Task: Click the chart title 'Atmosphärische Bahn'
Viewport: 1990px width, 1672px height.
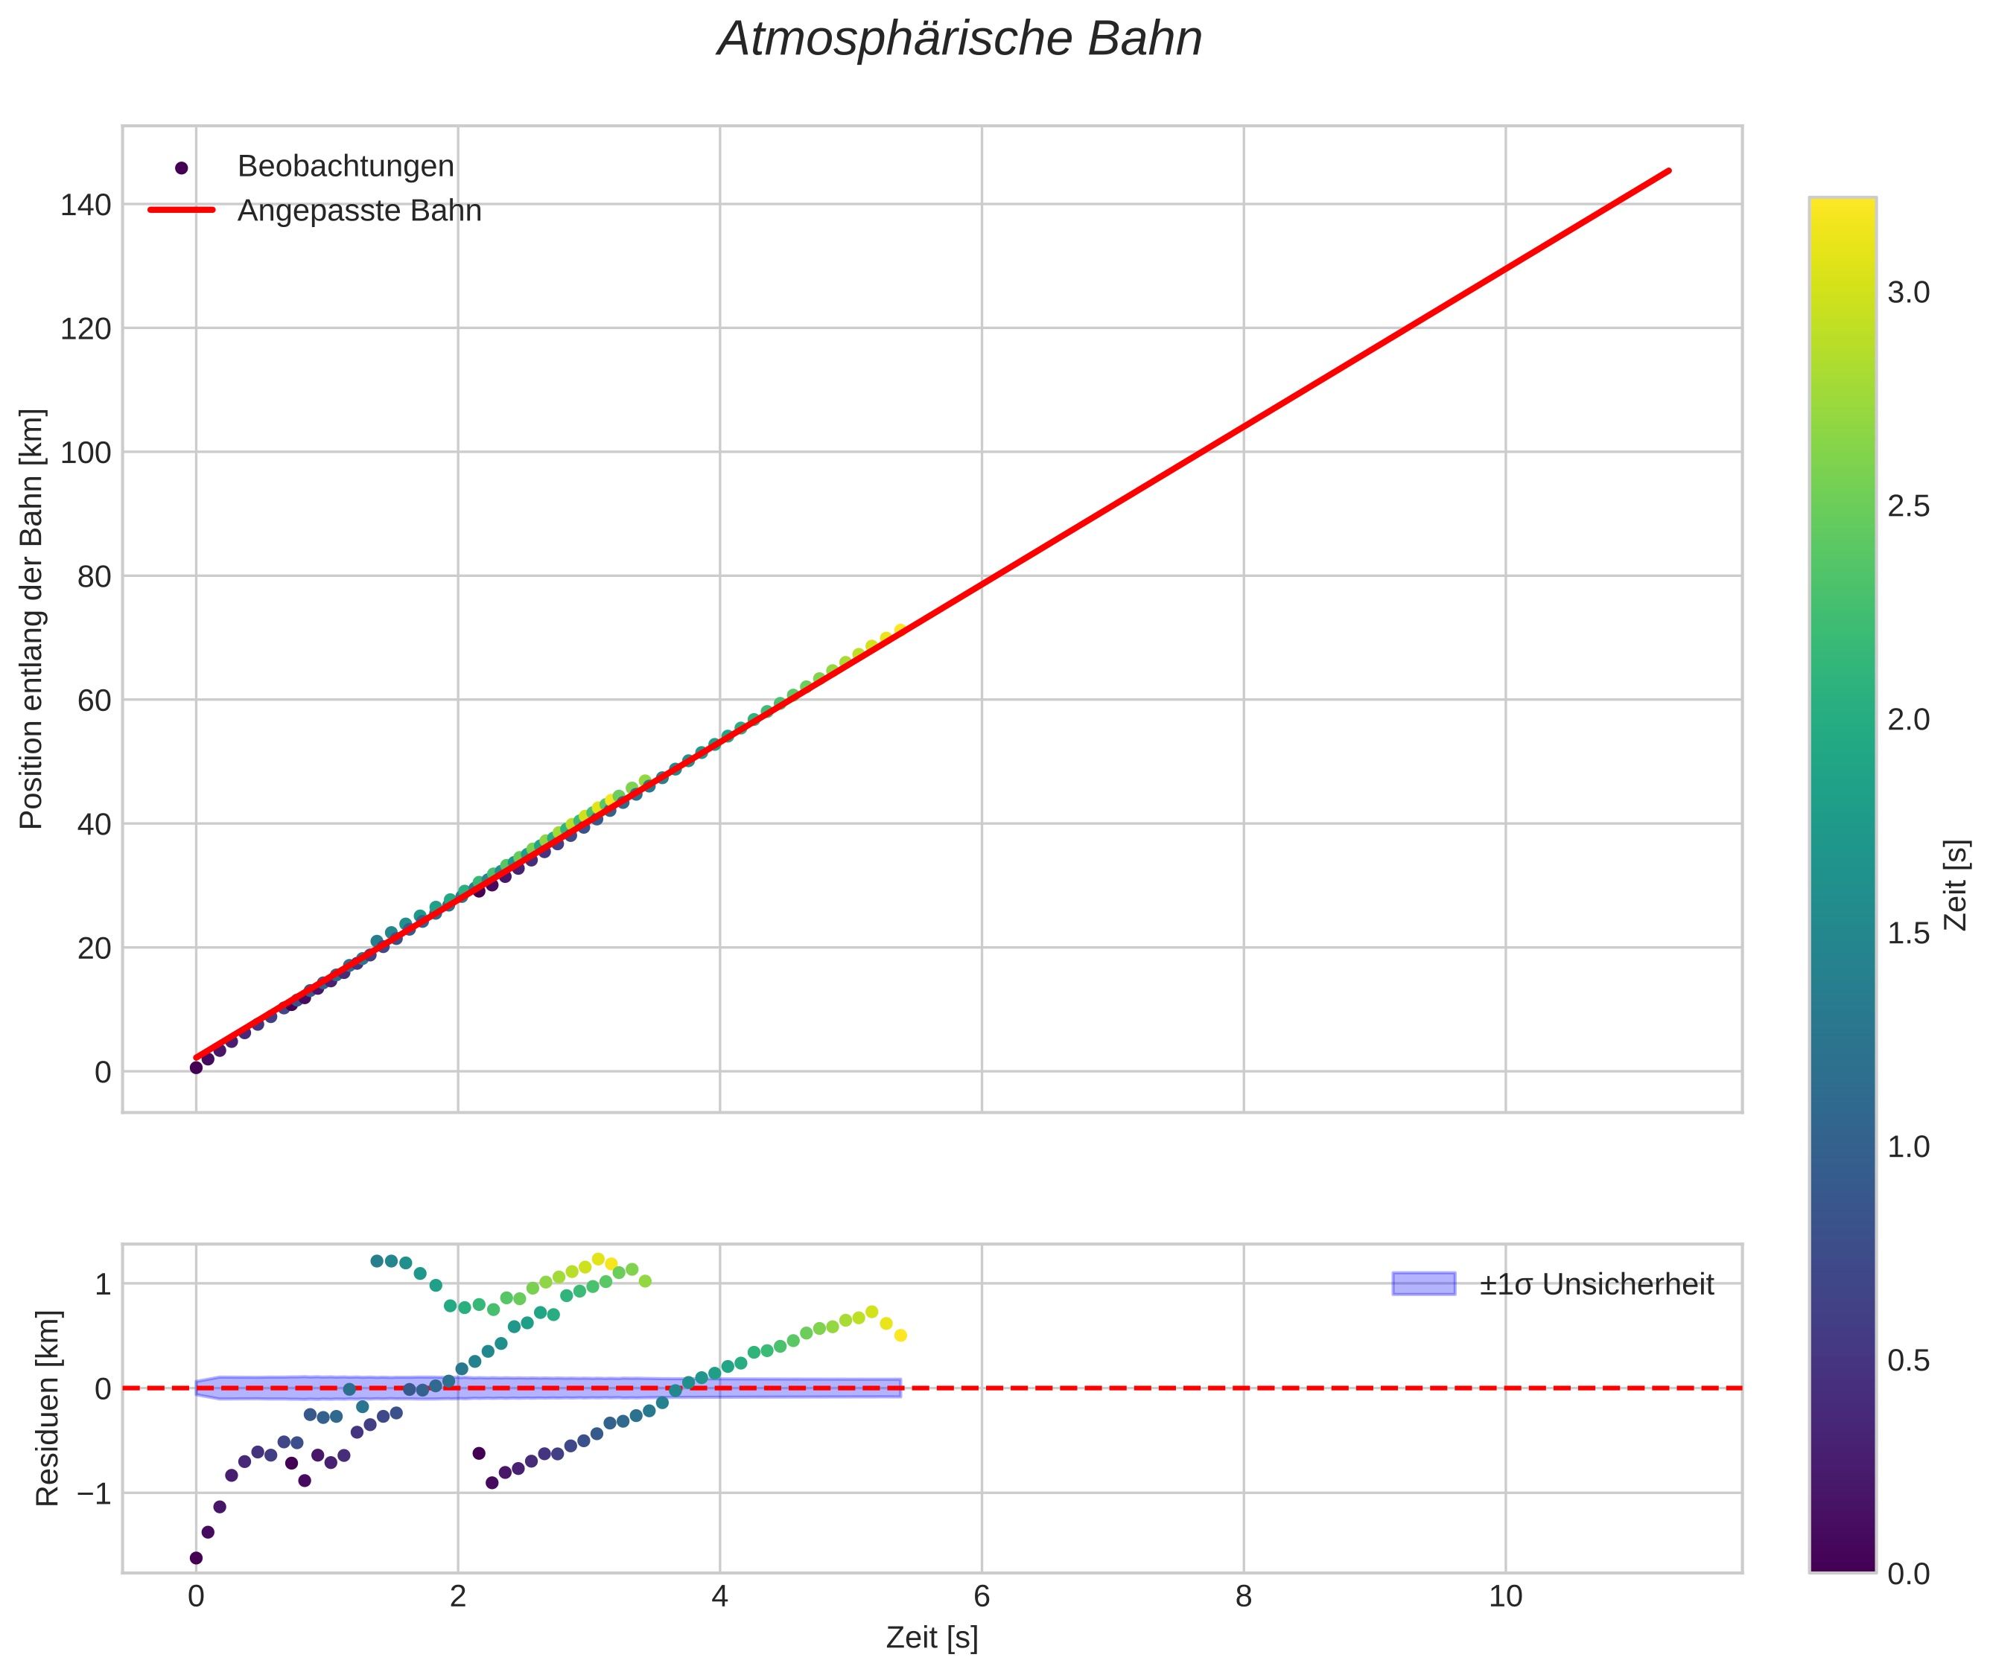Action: point(959,39)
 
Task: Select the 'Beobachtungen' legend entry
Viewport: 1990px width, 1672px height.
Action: point(345,167)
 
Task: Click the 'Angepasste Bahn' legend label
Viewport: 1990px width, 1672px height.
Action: point(359,211)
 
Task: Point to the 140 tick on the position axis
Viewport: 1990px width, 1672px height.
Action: point(86,205)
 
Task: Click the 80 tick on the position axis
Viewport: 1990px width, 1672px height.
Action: point(94,576)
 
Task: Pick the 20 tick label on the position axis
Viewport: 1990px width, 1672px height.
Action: point(94,948)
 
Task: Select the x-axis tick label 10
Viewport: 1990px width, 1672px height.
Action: point(1504,1597)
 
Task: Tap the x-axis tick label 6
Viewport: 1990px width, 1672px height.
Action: point(982,1597)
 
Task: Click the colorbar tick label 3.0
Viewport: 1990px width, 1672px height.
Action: point(1907,293)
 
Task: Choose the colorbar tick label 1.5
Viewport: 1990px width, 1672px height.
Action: point(1907,934)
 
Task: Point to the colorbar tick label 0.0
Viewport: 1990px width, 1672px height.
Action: point(1907,1574)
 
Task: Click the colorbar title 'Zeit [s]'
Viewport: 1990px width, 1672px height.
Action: point(1956,885)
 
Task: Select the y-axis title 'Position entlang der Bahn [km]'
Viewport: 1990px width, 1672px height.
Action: point(31,619)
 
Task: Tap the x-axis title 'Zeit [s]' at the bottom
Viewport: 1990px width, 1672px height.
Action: point(931,1638)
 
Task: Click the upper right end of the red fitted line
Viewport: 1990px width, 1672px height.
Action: point(1668,170)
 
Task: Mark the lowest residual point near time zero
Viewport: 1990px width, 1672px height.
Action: point(197,1558)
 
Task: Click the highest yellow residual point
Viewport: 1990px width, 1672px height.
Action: point(598,1260)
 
